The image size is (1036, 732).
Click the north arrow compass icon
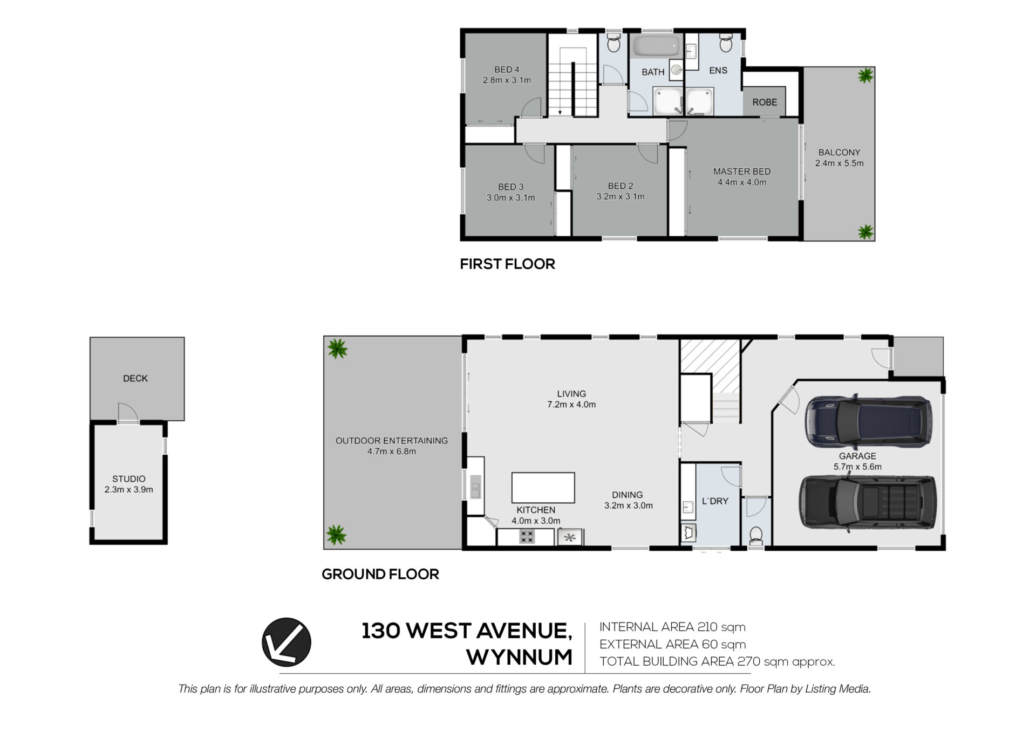point(287,642)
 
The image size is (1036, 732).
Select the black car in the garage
point(867,502)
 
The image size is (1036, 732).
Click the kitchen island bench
point(543,488)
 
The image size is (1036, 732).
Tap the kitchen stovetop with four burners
point(527,536)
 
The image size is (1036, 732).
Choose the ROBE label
point(765,102)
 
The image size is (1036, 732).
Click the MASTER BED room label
point(742,172)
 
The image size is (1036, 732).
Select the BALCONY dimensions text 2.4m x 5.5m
point(839,163)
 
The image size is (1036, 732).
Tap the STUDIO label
point(129,478)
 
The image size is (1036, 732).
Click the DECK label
point(135,378)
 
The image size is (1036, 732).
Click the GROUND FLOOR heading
point(380,574)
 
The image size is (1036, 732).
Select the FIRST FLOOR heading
point(507,264)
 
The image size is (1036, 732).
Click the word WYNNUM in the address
point(519,657)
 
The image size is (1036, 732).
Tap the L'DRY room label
point(715,501)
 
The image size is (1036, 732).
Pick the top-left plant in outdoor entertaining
point(337,349)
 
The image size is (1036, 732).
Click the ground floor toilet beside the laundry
point(756,535)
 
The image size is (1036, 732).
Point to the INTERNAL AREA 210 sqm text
point(672,627)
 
